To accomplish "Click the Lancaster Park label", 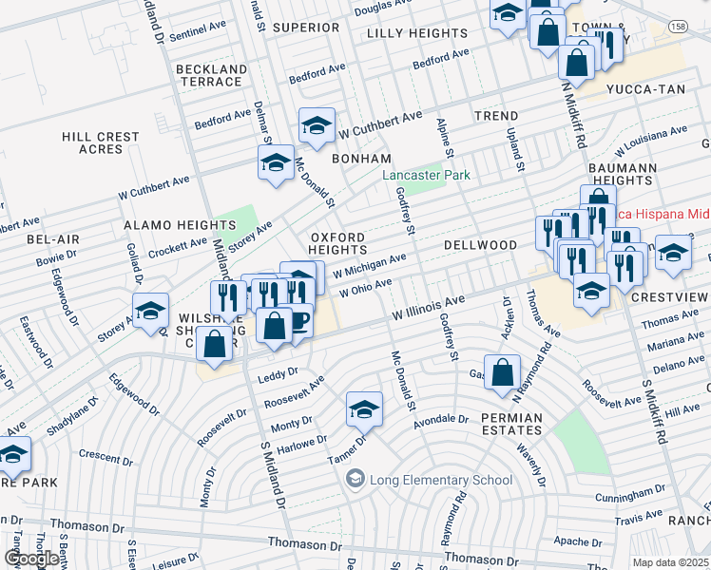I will (427, 176).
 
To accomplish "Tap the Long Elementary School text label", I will (442, 479).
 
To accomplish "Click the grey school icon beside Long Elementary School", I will (355, 478).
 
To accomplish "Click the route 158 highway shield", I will (676, 26).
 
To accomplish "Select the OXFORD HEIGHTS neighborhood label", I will (336, 243).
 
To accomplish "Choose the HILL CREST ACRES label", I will (101, 143).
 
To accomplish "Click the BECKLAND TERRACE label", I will (209, 76).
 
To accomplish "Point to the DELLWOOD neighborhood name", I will (479, 245).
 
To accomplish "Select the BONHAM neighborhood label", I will (361, 159).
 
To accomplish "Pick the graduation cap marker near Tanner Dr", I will (363, 408).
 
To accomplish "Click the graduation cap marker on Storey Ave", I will (150, 313).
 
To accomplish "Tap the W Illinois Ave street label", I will (429, 308).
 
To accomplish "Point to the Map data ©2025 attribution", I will (670, 562).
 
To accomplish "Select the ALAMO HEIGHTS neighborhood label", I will (166, 225).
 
